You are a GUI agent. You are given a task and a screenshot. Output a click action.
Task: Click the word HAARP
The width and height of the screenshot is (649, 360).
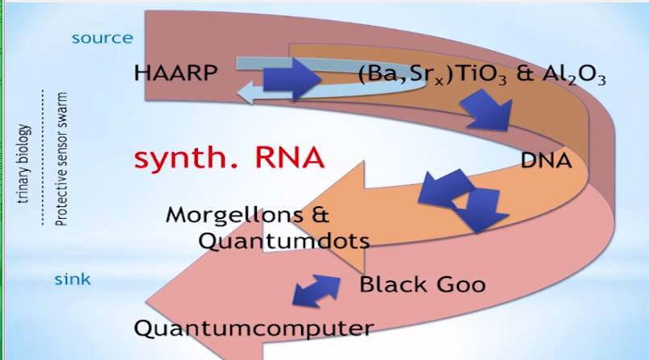176,74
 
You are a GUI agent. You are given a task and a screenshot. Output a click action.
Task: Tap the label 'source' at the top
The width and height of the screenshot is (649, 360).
102,38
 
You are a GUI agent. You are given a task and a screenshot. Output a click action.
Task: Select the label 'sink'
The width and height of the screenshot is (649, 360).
72,280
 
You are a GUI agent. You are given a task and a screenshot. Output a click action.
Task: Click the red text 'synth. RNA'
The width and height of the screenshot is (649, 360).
229,157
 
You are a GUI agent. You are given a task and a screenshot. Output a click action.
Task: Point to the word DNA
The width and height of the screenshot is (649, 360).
546,160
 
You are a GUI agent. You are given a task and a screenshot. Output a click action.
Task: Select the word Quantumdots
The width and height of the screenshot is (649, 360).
283,241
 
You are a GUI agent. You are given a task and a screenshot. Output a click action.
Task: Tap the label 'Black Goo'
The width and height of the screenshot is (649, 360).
422,284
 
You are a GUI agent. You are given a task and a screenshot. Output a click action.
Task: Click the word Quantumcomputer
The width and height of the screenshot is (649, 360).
254,328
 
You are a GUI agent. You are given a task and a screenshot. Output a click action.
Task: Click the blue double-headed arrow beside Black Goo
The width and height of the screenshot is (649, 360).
316,291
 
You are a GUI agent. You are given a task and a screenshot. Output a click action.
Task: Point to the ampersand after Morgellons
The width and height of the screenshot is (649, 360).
320,215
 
